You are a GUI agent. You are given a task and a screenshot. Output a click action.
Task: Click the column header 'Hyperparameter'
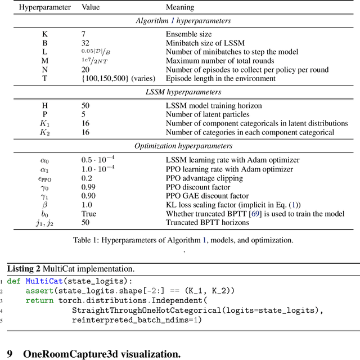(x=45, y=8)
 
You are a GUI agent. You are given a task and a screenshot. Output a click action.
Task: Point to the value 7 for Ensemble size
(x=84, y=34)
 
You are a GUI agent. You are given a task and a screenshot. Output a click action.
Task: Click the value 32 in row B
(x=86, y=43)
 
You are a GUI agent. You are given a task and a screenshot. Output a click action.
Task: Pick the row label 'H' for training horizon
(x=45, y=105)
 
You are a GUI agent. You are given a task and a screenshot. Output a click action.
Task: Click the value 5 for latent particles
(x=84, y=114)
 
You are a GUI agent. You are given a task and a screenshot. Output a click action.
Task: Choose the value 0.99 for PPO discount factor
(x=89, y=187)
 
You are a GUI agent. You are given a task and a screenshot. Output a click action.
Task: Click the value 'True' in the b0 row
(x=89, y=214)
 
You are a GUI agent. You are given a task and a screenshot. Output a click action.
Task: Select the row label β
(x=45, y=205)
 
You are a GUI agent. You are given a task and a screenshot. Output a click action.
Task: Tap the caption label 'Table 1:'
(x=87, y=240)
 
